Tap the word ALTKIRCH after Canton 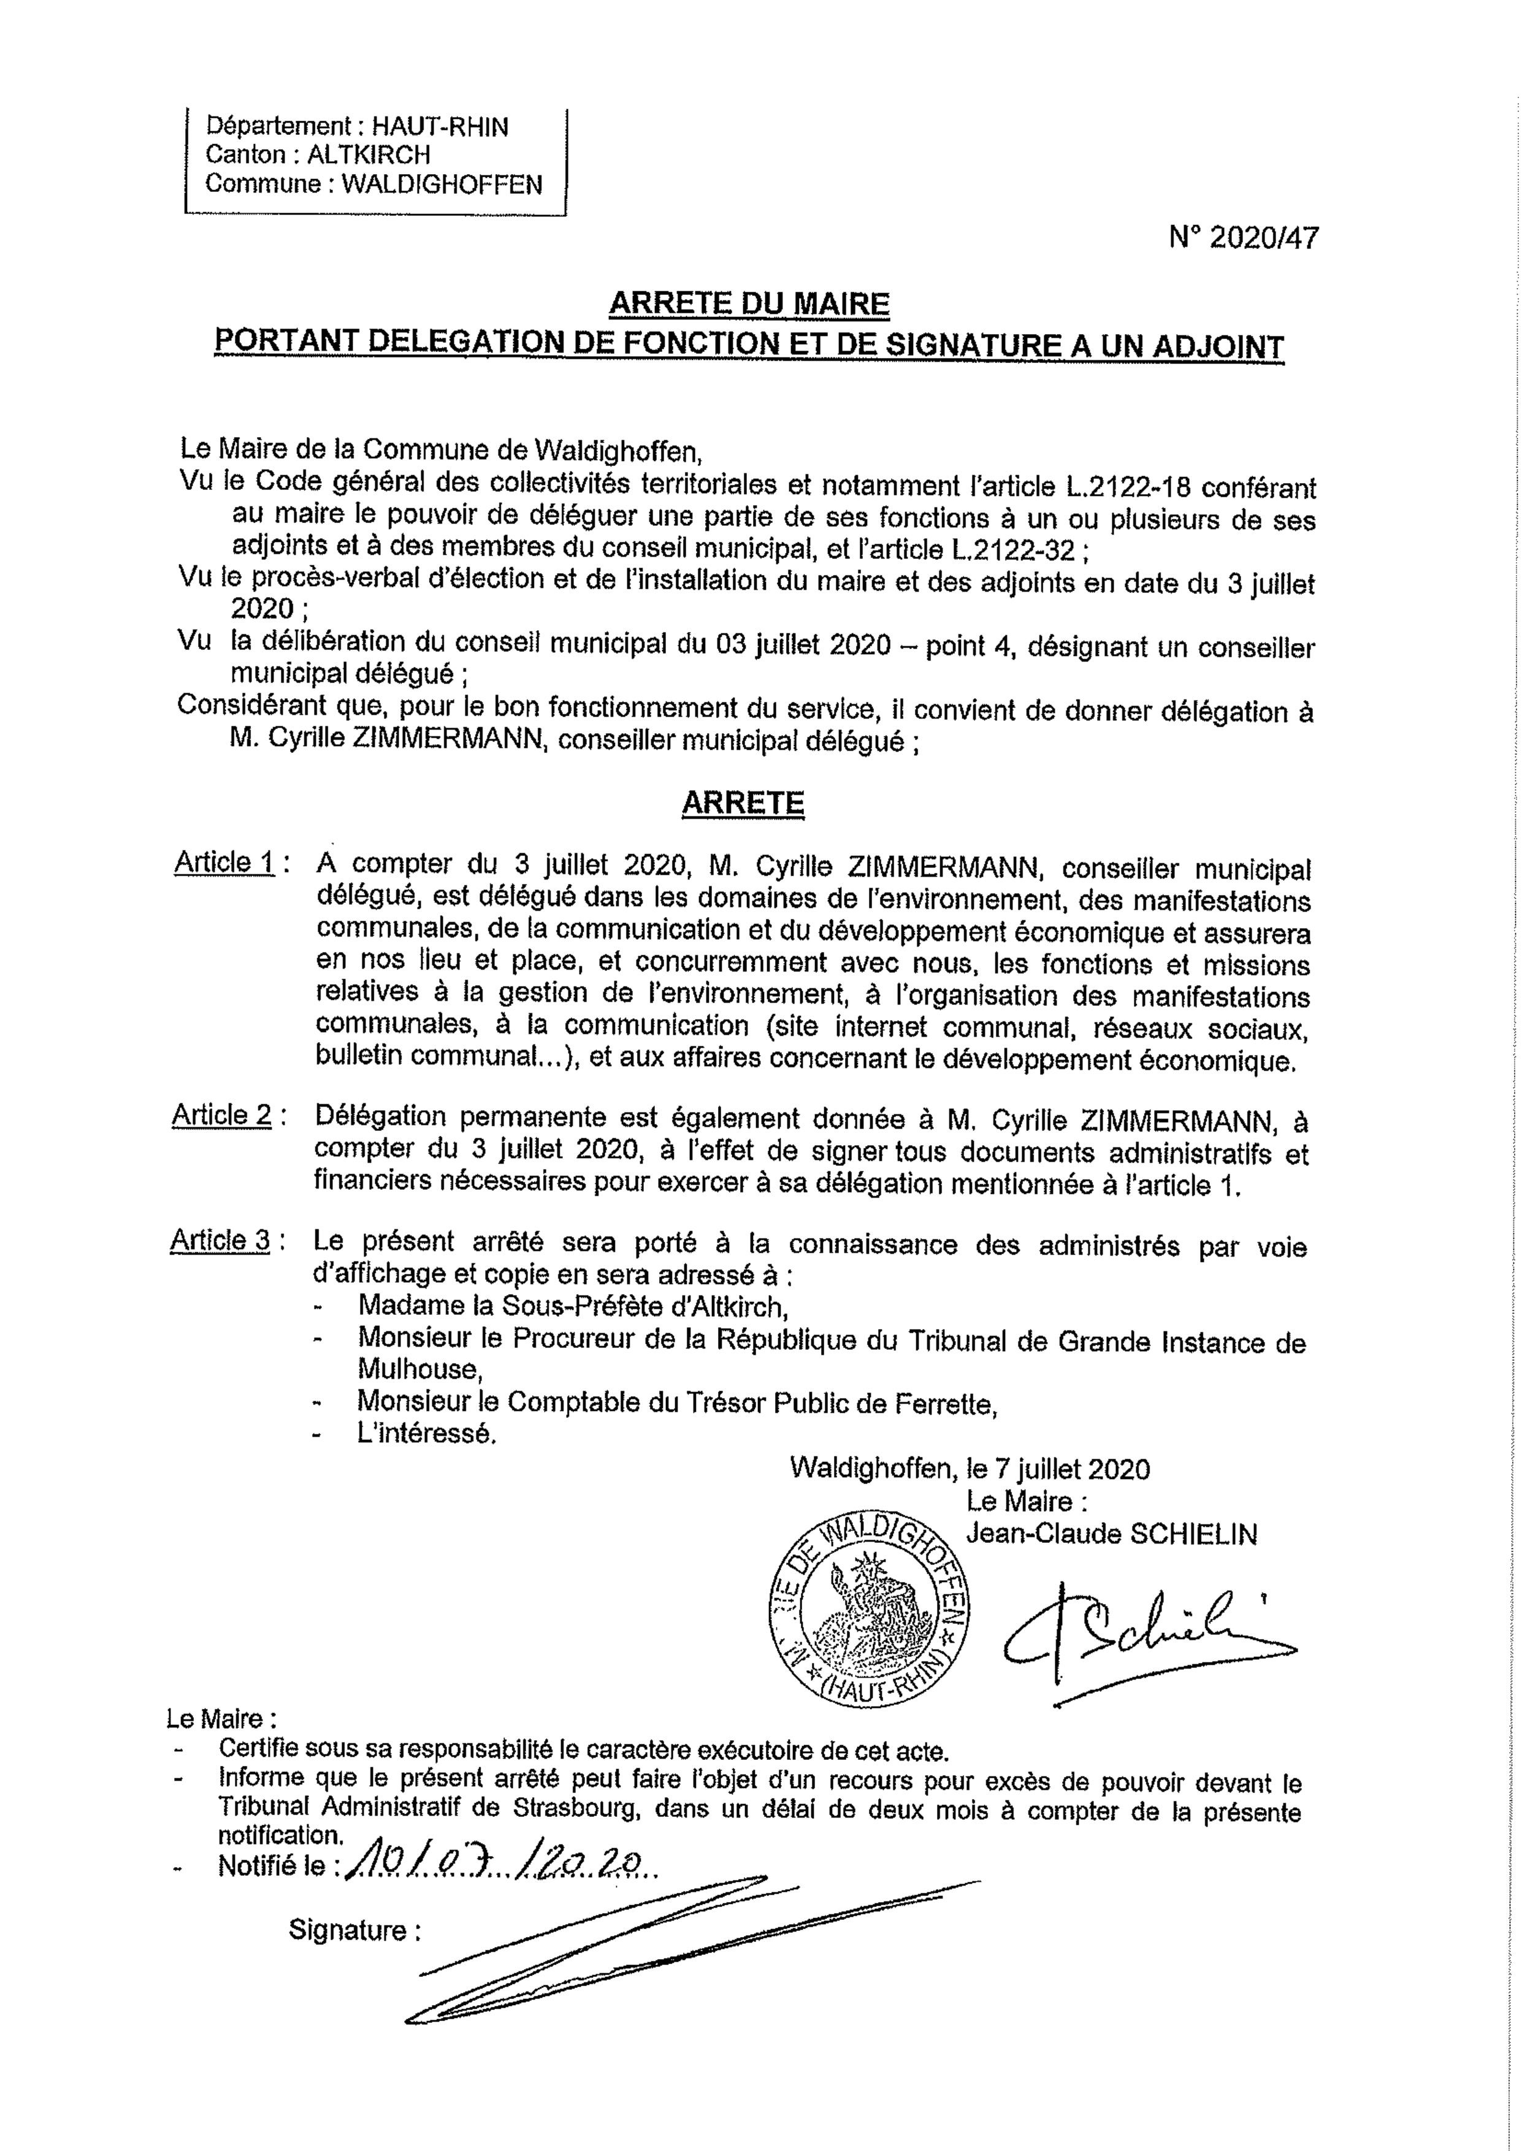369,156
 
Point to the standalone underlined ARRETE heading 743,803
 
